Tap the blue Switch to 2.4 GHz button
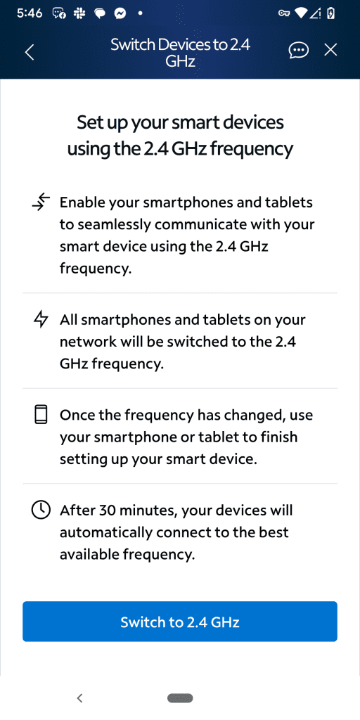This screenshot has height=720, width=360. coord(180,622)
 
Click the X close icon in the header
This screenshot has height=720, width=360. coord(330,50)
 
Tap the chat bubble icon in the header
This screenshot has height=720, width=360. coord(298,50)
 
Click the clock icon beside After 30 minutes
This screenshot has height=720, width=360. coord(41,510)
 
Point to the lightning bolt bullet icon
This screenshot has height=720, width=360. coord(41,320)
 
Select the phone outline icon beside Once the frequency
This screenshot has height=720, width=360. coord(41,415)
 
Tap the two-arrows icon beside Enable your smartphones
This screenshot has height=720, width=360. coord(41,202)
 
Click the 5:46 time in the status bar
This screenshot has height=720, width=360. coord(30,14)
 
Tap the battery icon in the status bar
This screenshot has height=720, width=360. coord(330,14)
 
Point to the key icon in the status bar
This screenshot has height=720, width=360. coord(284,14)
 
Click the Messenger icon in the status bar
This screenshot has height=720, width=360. coord(121,14)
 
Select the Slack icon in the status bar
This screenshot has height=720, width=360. coord(79,14)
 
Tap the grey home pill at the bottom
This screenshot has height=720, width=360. coord(180,698)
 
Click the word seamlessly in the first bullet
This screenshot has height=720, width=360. coord(118,224)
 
